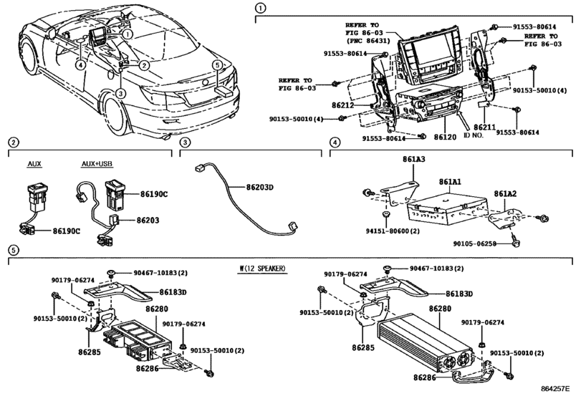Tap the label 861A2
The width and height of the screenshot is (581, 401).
tap(505, 192)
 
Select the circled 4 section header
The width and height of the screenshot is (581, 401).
tap(334, 143)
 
